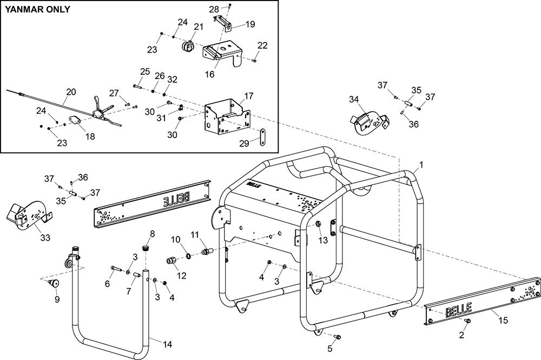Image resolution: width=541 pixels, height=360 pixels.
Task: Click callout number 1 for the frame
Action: (421, 165)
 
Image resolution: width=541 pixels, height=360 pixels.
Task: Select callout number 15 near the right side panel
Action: (503, 320)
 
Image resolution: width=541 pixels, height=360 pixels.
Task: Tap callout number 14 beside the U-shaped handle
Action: (167, 344)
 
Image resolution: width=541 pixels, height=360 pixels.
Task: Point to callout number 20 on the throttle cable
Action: (71, 92)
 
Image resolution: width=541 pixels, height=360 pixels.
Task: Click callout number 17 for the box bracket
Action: (249, 96)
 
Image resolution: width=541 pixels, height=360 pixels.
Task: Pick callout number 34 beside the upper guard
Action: (354, 100)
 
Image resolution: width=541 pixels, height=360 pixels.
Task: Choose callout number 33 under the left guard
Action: (45, 238)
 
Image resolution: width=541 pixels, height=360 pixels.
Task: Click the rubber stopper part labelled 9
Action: (53, 284)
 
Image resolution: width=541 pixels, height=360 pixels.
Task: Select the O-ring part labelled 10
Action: (189, 256)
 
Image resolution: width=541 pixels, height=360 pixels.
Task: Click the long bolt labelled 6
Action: (117, 269)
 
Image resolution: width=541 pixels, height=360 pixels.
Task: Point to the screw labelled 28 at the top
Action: (230, 6)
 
